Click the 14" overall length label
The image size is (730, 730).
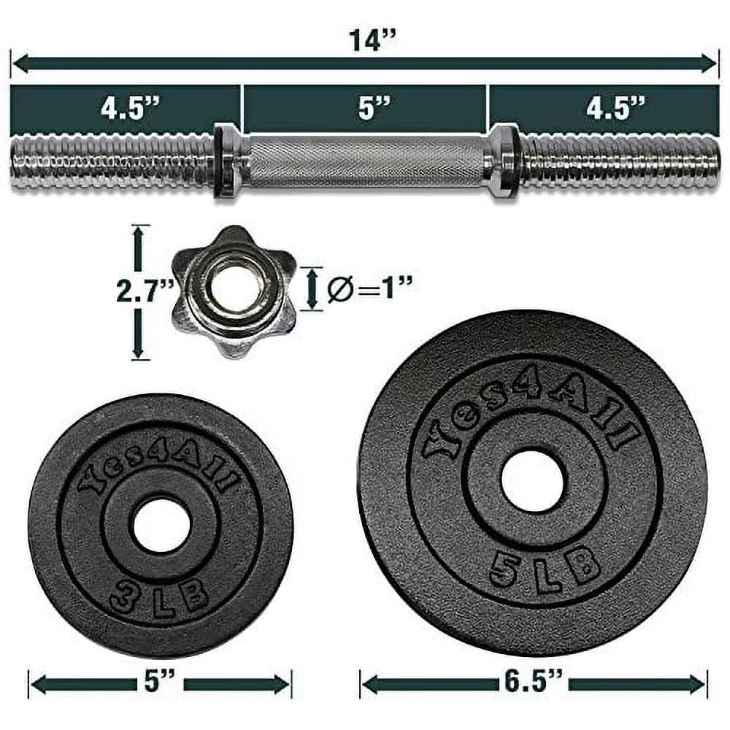(x=366, y=40)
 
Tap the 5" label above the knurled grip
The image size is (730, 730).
(x=365, y=109)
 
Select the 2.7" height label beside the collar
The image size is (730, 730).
(x=145, y=292)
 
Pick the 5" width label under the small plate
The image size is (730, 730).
(x=160, y=684)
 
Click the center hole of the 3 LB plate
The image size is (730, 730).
(x=160, y=524)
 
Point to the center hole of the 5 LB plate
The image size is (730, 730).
(x=532, y=481)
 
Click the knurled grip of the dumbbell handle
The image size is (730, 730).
(x=365, y=162)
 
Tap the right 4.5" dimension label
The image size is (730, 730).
(x=615, y=109)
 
